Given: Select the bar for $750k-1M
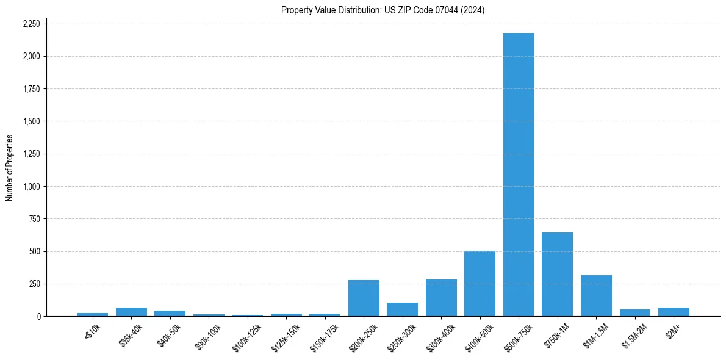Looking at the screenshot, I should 557,275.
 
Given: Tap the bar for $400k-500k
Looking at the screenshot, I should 480,284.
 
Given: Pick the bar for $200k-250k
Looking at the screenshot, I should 364,298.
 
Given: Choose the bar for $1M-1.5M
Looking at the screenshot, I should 596,296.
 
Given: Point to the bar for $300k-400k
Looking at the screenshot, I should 441,298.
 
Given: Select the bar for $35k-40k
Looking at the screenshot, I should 131,312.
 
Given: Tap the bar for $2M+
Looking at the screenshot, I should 674,312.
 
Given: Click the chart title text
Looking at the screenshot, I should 383,10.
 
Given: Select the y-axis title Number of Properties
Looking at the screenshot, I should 10,168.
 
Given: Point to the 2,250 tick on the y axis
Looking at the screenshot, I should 31,24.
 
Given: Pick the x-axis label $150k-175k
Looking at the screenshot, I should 322,334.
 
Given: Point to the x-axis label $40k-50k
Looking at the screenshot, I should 168,333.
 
